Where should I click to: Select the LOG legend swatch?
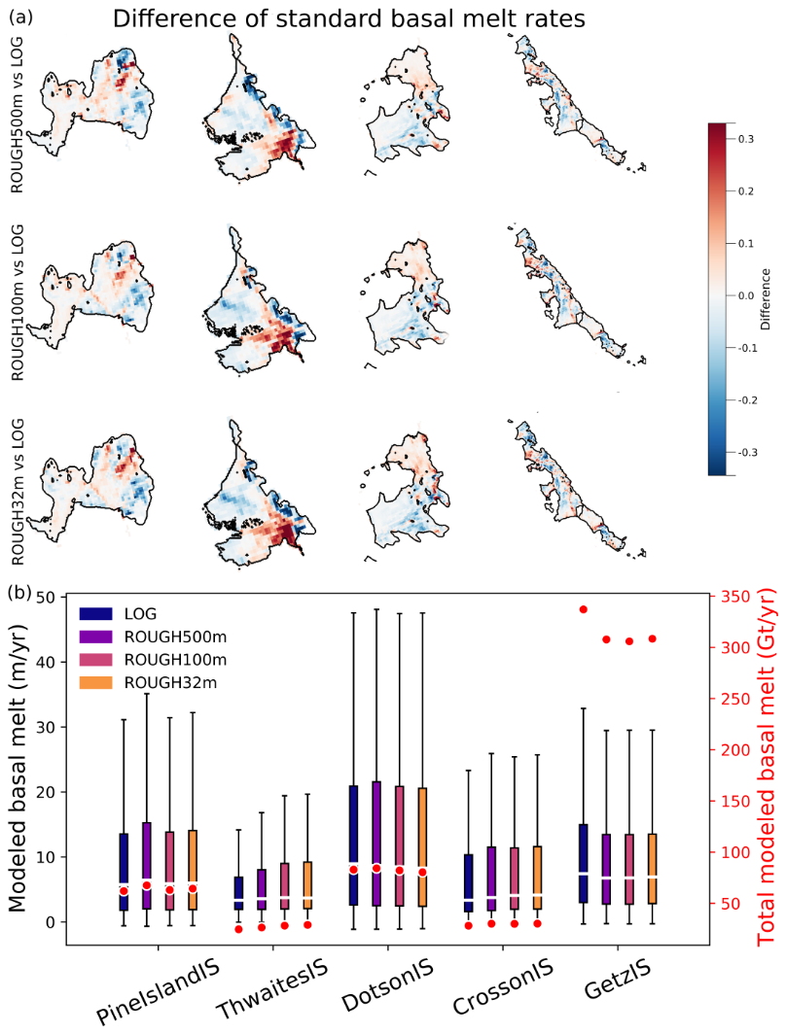point(95,614)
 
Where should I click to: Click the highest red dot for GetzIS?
point(583,609)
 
